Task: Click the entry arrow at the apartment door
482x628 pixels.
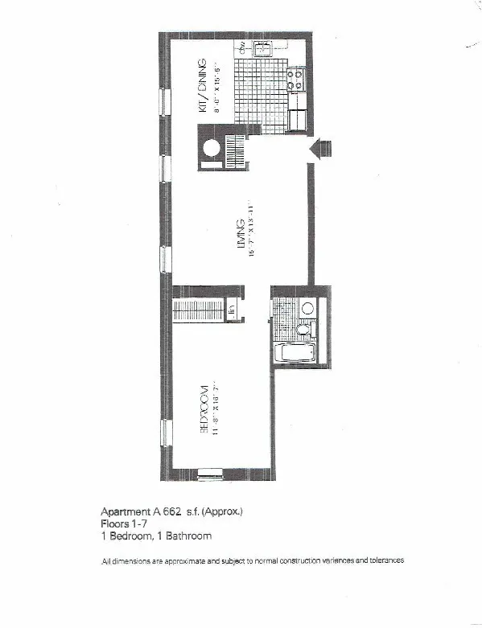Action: pyautogui.click(x=321, y=149)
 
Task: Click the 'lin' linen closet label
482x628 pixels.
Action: pyautogui.click(x=230, y=310)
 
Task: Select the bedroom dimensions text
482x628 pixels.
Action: pyautogui.click(x=215, y=411)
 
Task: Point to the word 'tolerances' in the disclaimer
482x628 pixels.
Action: pyautogui.click(x=384, y=560)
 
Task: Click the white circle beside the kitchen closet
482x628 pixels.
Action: pyautogui.click(x=212, y=149)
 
